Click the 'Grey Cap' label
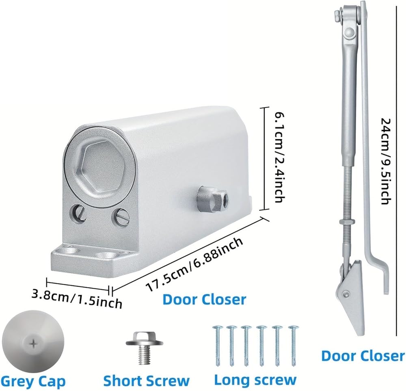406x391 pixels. pyautogui.click(x=34, y=381)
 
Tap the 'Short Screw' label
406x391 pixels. pyautogui.click(x=147, y=381)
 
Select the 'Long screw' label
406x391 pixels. pyautogui.click(x=255, y=380)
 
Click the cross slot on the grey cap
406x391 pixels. pyautogui.click(x=33, y=344)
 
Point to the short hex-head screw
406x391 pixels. pyautogui.click(x=145, y=347)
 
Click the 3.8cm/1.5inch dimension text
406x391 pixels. pyautogui.click(x=77, y=299)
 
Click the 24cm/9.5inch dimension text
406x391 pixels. pyautogui.click(x=387, y=161)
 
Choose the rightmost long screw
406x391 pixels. pyautogui.click(x=294, y=346)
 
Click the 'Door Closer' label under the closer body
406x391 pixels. pyautogui.click(x=204, y=300)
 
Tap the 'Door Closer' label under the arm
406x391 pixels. pyautogui.click(x=363, y=356)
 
